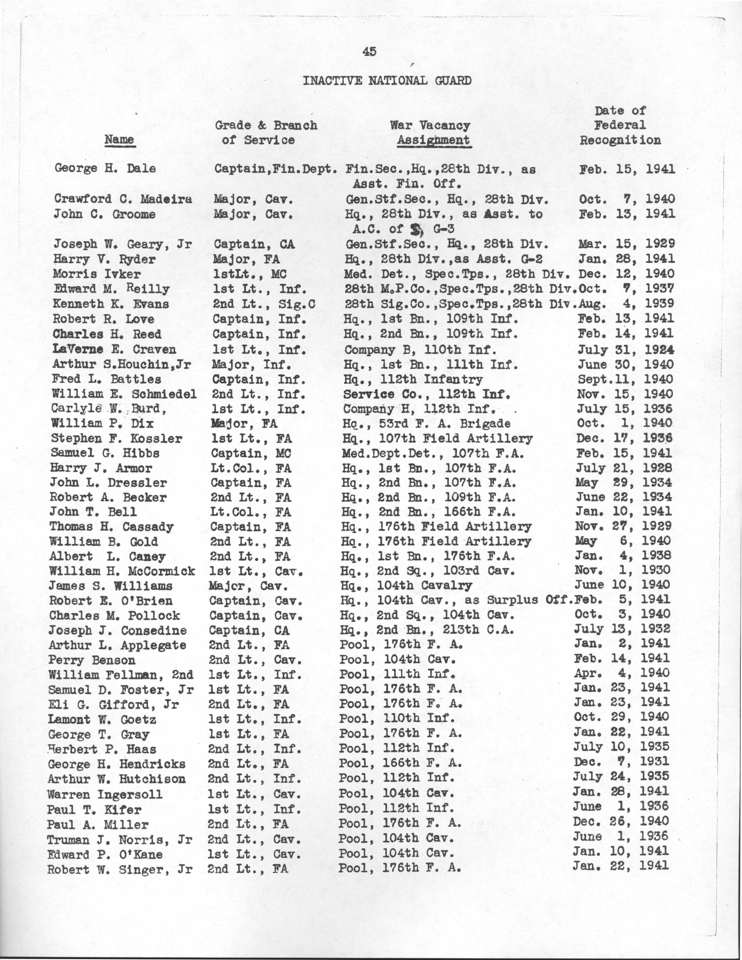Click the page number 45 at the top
coord(369,52)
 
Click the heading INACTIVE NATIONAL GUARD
coord(387,81)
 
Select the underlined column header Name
coord(119,140)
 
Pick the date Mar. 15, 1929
coord(626,244)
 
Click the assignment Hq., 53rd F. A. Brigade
coord(426,424)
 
